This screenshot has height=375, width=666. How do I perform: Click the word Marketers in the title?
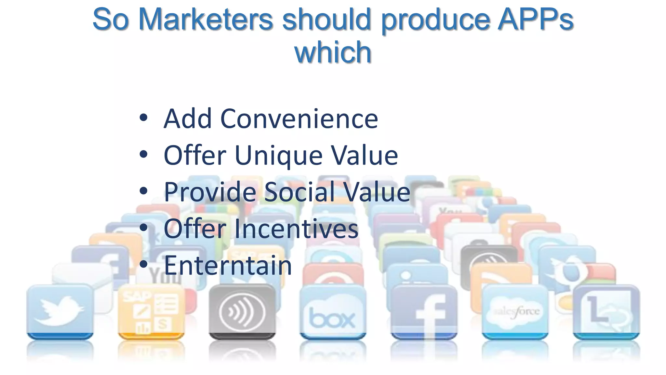(x=206, y=20)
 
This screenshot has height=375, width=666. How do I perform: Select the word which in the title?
(x=333, y=53)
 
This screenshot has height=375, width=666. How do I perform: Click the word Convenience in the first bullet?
(x=299, y=119)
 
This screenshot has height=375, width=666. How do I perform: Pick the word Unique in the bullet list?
(x=278, y=156)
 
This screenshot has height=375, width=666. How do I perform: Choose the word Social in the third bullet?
(x=300, y=192)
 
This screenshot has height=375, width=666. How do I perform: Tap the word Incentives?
(x=296, y=229)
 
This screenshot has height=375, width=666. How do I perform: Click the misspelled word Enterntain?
(x=228, y=266)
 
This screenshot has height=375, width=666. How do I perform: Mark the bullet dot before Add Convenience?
(x=143, y=118)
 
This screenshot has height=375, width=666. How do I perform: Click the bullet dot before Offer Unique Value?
(x=143, y=154)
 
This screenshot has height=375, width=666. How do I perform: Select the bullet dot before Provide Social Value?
(x=143, y=191)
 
